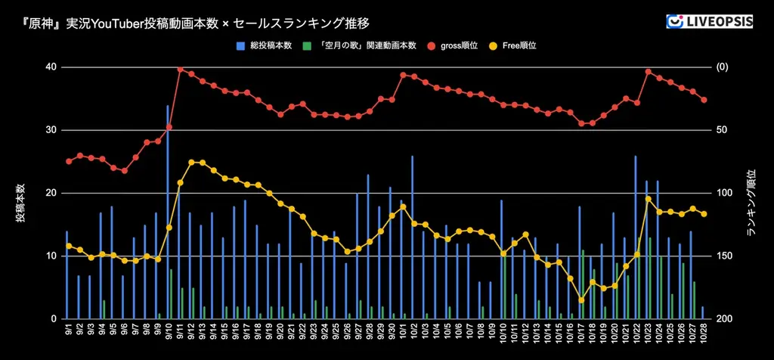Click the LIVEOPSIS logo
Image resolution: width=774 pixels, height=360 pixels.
(x=709, y=22)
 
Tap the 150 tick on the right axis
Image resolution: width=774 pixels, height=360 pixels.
(x=724, y=256)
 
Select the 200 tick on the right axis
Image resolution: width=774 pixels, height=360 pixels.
(x=724, y=319)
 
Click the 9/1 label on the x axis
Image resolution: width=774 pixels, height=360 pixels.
(x=68, y=331)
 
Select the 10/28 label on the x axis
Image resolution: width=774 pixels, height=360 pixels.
(x=703, y=332)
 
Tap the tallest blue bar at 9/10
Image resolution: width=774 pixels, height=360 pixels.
(x=168, y=212)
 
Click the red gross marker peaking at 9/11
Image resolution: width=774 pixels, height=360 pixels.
(x=181, y=69)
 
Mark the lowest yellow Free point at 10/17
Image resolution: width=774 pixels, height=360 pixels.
(x=581, y=300)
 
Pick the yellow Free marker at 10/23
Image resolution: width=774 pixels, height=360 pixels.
(x=649, y=199)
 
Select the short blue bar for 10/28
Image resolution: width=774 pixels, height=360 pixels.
(x=703, y=313)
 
